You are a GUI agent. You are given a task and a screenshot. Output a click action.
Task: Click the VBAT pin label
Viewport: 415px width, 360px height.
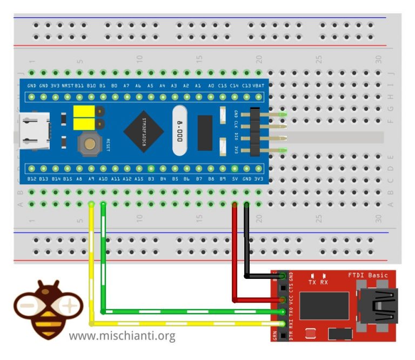point(259,86)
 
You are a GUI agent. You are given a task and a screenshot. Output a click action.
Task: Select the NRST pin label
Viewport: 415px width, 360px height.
point(67,86)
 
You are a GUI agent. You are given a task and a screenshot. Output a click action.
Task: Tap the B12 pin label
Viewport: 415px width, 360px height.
point(32,178)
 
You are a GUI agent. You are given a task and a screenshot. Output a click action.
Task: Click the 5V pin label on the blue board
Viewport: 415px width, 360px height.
point(235,178)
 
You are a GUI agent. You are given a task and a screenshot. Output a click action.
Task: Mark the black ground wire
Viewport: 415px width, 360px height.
point(247,243)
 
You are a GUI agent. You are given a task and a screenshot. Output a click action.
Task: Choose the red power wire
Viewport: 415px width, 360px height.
point(235,254)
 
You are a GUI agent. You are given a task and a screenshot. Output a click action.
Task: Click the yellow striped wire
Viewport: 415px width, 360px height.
point(91,270)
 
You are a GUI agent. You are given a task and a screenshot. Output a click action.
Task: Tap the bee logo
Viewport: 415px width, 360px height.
point(46,308)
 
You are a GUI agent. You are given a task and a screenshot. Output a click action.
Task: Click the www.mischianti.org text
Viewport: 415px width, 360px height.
point(122,336)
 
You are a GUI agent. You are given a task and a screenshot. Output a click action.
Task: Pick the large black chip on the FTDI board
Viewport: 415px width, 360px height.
point(324,306)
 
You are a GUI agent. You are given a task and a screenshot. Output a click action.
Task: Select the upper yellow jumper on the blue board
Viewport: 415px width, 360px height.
point(82,112)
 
